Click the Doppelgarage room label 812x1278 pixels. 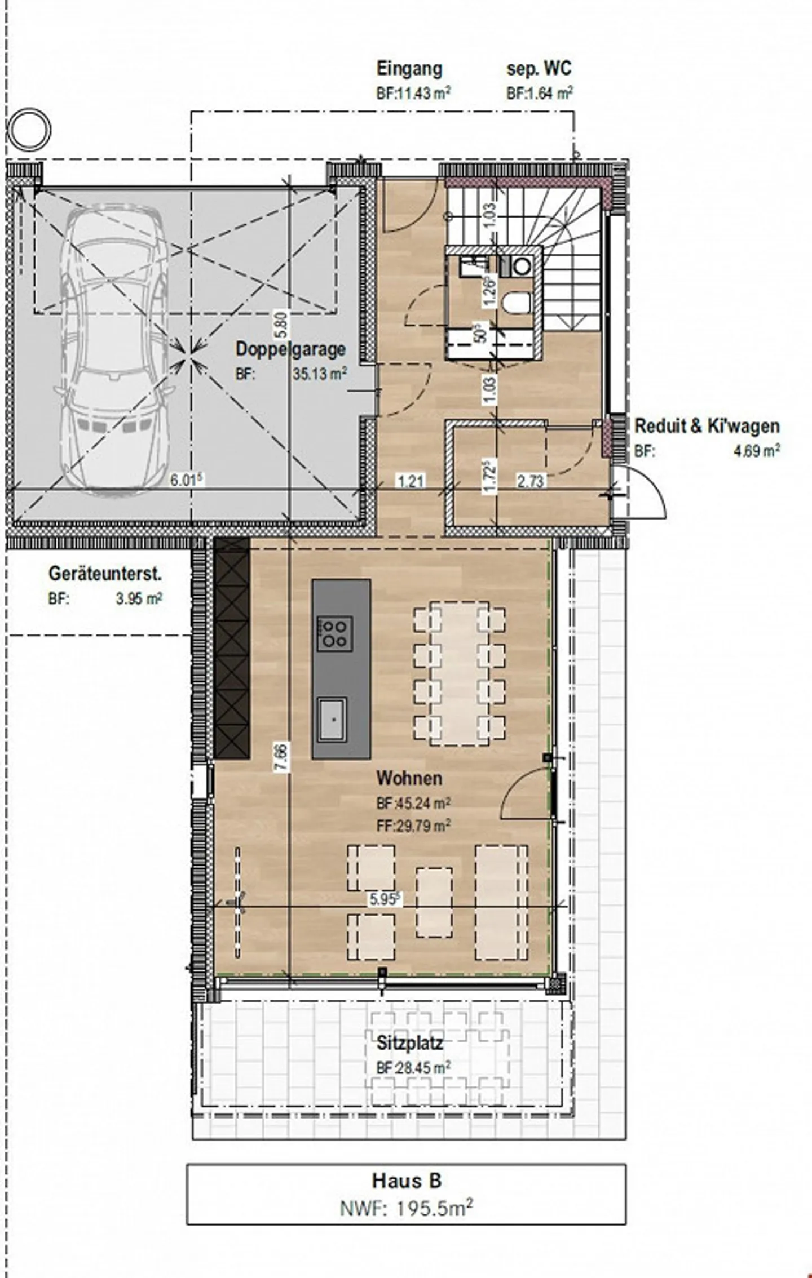click(290, 349)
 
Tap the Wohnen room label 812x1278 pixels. click(409, 778)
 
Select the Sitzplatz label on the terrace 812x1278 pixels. click(410, 1043)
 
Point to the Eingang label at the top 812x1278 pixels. click(409, 69)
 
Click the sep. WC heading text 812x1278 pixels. click(539, 69)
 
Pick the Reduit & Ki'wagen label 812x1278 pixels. click(707, 426)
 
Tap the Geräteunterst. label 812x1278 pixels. click(105, 574)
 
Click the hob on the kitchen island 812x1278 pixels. click(335, 634)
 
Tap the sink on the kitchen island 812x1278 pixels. click(333, 720)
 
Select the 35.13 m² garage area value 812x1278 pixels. click(320, 374)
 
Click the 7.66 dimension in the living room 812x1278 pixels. click(283, 758)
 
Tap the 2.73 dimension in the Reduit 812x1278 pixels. click(531, 481)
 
